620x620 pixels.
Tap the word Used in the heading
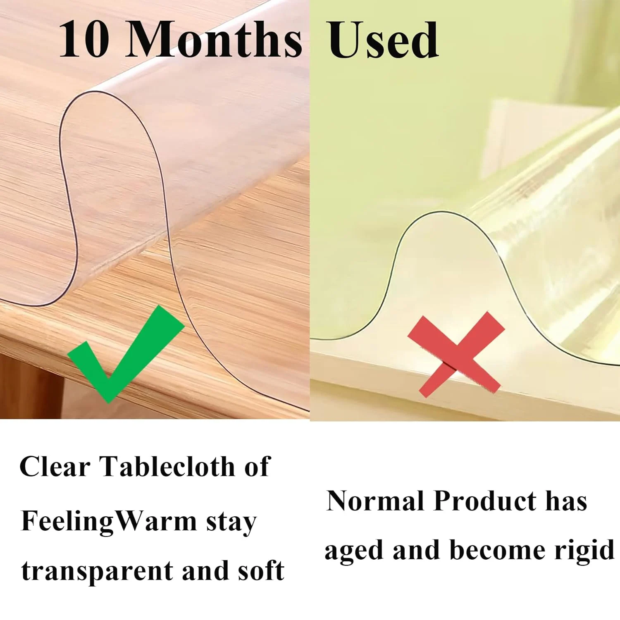pos(383,40)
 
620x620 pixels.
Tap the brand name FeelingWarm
pos(108,522)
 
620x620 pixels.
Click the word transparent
pos(97,571)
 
